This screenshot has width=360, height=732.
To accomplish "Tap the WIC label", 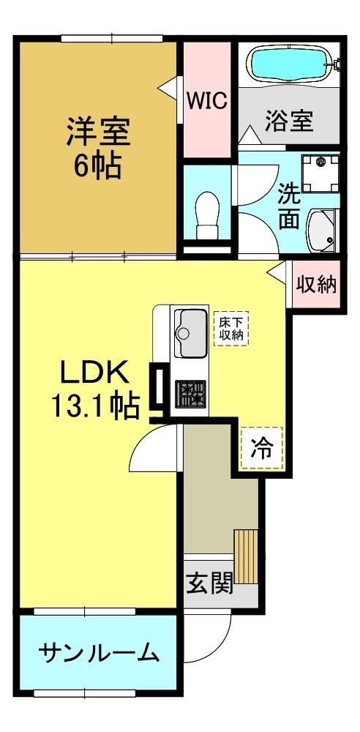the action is click(x=207, y=100).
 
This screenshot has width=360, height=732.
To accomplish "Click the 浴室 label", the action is click(x=289, y=122).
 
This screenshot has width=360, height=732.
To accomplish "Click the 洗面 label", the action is click(x=289, y=206).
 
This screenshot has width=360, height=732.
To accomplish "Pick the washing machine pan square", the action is click(x=320, y=173).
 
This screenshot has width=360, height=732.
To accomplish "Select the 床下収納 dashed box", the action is click(x=231, y=329).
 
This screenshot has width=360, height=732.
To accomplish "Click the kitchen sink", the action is click(x=190, y=333).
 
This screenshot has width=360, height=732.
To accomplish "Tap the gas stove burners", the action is click(x=190, y=394).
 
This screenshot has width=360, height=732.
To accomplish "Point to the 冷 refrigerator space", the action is click(x=262, y=448).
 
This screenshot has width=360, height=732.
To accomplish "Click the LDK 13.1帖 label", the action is click(x=95, y=390).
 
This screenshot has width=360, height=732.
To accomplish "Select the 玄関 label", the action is click(x=210, y=583).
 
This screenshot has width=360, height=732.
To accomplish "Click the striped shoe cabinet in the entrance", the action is click(x=246, y=556).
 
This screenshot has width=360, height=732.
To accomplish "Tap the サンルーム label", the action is click(x=99, y=653).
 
